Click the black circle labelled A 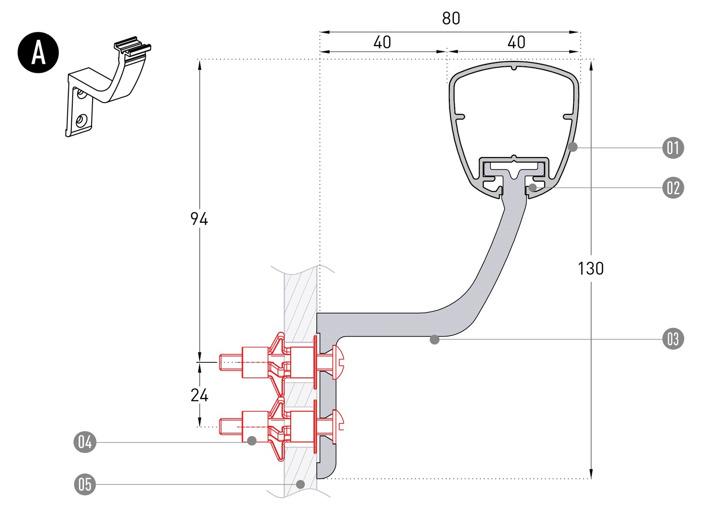pyautogui.click(x=38, y=52)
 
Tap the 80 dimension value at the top pyautogui.click(x=451, y=18)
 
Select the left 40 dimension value pyautogui.click(x=382, y=43)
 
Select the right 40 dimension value pyautogui.click(x=516, y=43)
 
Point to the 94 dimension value pyautogui.click(x=199, y=218)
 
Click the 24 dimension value pyautogui.click(x=199, y=395)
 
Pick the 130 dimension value pyautogui.click(x=591, y=268)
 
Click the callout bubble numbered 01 pyautogui.click(x=673, y=148)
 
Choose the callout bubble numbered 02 pyautogui.click(x=673, y=188)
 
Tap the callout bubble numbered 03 pyautogui.click(x=673, y=339)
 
